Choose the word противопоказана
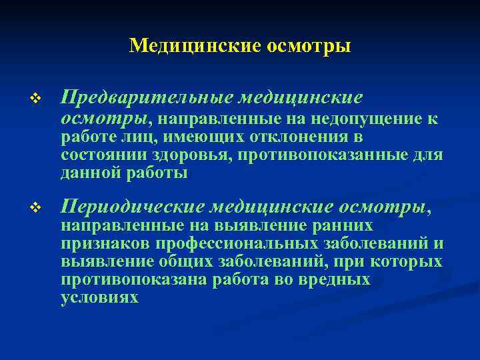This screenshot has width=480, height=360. coord(134,279)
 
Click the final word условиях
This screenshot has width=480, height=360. coord(99,297)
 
